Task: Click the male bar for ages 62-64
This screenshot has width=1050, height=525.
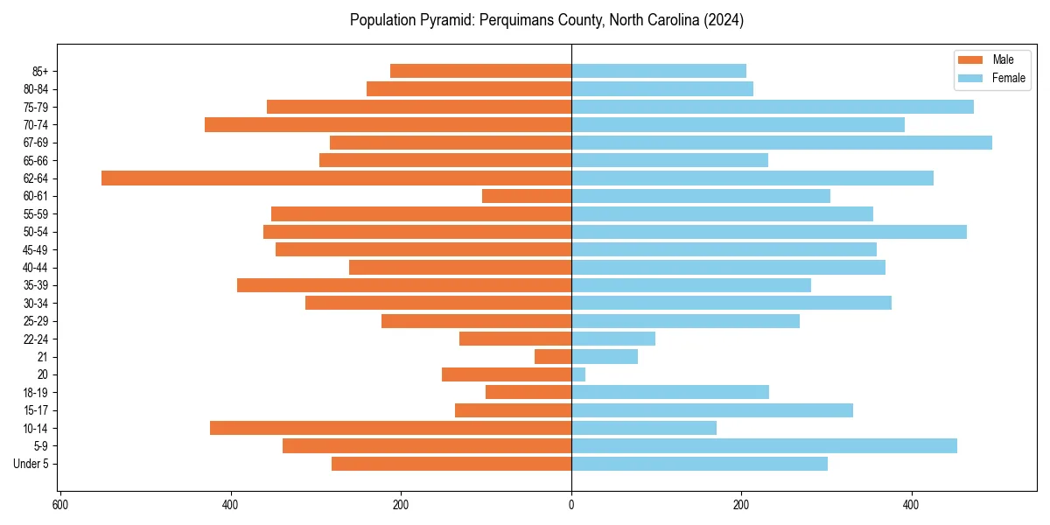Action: [336, 178]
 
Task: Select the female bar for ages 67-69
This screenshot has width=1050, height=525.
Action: [781, 143]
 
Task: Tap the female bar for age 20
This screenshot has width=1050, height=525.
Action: [578, 374]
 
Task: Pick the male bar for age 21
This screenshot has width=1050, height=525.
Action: [553, 357]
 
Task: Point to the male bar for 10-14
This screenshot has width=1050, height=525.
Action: [390, 428]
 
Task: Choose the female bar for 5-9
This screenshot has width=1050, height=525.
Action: [764, 446]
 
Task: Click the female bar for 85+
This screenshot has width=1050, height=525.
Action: [659, 71]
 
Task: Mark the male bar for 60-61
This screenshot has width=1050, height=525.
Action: [527, 196]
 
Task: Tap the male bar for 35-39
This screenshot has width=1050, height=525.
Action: [404, 285]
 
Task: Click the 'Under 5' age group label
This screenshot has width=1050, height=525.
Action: [31, 464]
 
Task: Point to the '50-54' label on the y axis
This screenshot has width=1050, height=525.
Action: [35, 232]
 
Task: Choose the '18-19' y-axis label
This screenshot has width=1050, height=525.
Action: [35, 393]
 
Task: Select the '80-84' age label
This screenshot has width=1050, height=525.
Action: [35, 89]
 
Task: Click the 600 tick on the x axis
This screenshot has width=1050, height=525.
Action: [59, 505]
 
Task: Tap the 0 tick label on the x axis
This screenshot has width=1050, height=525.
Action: [571, 505]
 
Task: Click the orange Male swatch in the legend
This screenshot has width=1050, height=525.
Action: [971, 59]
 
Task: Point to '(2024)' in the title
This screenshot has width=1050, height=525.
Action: [724, 20]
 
